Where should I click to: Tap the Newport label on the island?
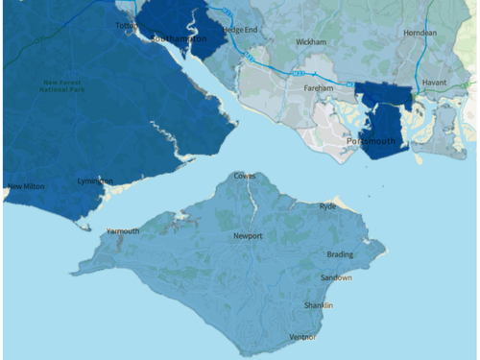[247, 235]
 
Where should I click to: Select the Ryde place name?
[328, 205]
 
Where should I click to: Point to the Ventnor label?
[302, 337]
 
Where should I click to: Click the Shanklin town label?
[318, 305]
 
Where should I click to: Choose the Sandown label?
[336, 278]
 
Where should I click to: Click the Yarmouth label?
[123, 231]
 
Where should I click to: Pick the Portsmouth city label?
[371, 141]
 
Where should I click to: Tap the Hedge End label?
[240, 30]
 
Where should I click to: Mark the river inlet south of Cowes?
[252, 199]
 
